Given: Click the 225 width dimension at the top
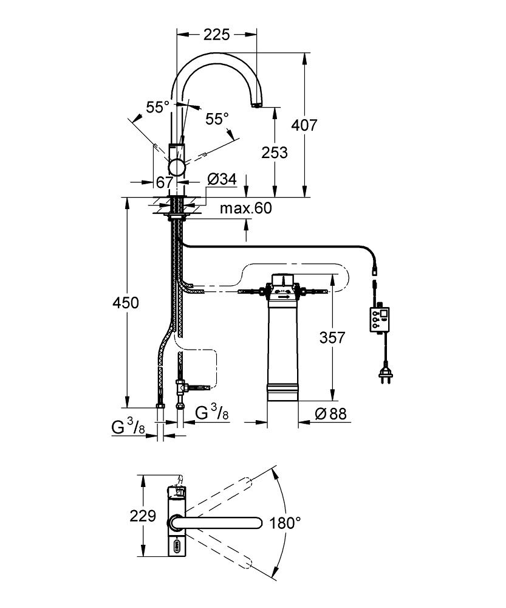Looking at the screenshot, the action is pyautogui.click(x=217, y=35).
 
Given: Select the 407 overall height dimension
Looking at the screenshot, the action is pyautogui.click(x=304, y=125).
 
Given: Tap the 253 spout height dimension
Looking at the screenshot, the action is pyautogui.click(x=275, y=153).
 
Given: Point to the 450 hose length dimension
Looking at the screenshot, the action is pyautogui.click(x=126, y=302).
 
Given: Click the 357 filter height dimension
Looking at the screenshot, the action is pyautogui.click(x=332, y=337).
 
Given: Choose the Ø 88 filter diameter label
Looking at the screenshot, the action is pyautogui.click(x=330, y=413).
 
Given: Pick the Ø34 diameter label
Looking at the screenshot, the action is pyautogui.click(x=222, y=179).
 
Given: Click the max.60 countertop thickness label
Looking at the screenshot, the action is pyautogui.click(x=245, y=208).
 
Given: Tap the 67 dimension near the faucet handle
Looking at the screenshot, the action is pyautogui.click(x=164, y=182).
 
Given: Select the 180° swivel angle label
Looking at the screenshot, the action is pyautogui.click(x=285, y=523).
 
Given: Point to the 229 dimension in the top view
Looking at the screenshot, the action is pyautogui.click(x=143, y=516).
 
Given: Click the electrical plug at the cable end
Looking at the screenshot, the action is pyautogui.click(x=385, y=374).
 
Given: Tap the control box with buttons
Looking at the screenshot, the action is pyautogui.click(x=380, y=320).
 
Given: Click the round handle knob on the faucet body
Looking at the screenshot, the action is pyautogui.click(x=177, y=168).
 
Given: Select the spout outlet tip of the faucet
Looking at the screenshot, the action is pyautogui.click(x=256, y=105).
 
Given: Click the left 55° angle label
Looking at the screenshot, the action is pyautogui.click(x=158, y=107).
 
